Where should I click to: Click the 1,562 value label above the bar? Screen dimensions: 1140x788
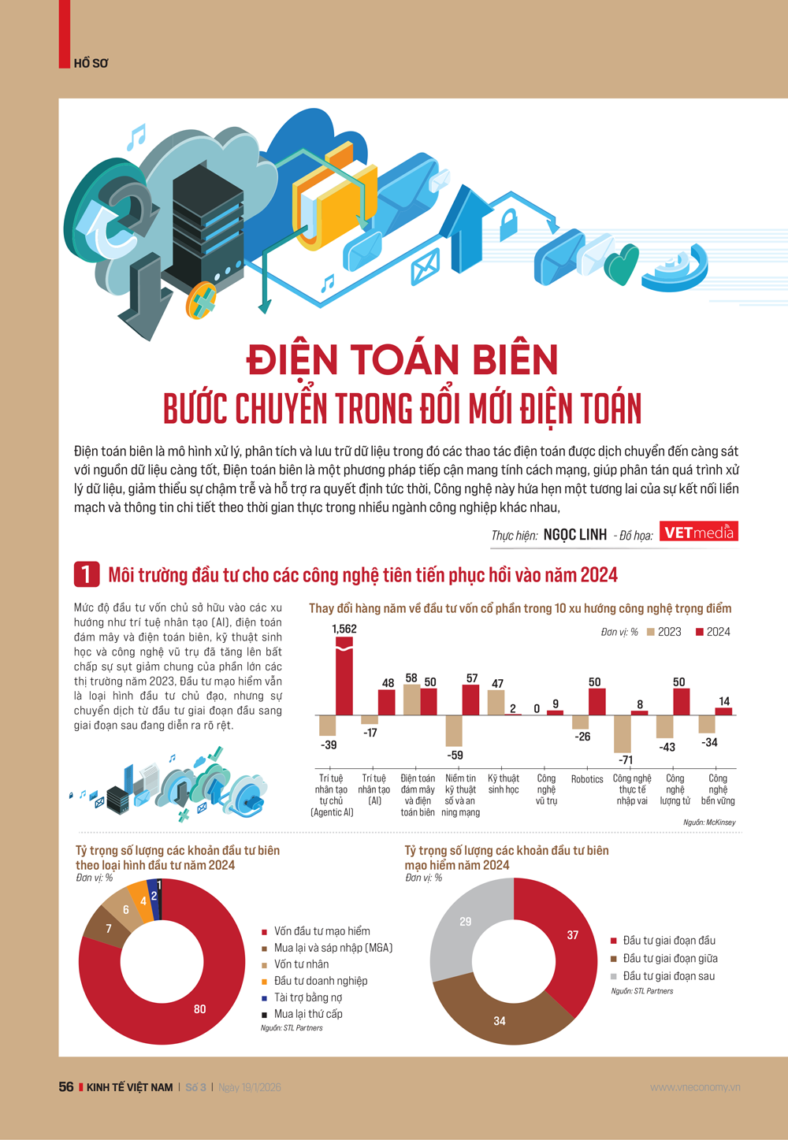pos(344,629)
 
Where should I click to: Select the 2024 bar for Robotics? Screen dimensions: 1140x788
pos(597,701)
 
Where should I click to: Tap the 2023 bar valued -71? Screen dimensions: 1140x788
pos(623,733)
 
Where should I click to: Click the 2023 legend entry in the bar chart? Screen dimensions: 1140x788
pos(663,632)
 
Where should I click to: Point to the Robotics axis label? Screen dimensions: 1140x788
pos(587,779)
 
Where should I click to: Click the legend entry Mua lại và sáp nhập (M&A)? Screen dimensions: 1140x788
pos(333,948)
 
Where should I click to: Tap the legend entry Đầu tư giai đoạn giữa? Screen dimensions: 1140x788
pos(670,958)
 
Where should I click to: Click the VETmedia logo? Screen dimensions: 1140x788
pos(698,533)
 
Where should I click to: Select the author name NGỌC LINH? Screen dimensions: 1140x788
pos(575,535)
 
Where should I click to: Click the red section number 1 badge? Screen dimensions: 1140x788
pos(87,574)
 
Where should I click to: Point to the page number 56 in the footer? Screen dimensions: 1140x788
pos(66,1087)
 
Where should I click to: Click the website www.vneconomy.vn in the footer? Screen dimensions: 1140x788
pos(695,1087)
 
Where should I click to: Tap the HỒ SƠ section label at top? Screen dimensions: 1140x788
pos(91,63)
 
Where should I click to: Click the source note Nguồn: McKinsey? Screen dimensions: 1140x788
pos(709,823)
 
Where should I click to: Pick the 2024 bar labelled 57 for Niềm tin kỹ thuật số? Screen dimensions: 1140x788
pos(470,700)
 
